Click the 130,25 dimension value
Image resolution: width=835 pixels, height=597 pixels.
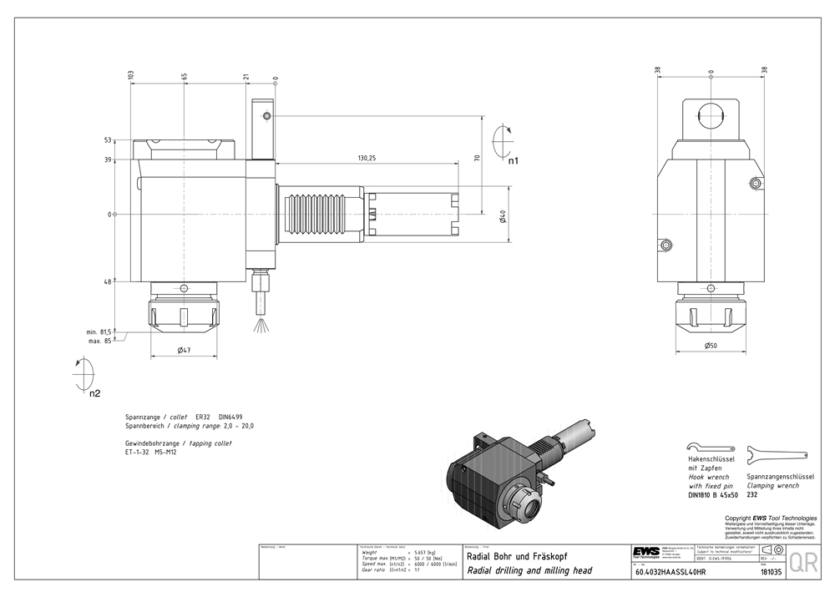click(366, 158)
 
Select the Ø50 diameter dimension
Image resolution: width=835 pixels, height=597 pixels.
click(709, 345)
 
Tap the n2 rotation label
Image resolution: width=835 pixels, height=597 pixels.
click(95, 392)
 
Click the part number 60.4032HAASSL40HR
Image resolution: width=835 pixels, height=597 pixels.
click(671, 573)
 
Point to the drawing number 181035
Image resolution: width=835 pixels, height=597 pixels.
click(771, 573)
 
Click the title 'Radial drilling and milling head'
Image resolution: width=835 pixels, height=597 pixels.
click(529, 570)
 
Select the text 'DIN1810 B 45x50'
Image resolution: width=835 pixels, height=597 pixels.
click(712, 495)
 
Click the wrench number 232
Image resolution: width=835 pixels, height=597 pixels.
click(752, 494)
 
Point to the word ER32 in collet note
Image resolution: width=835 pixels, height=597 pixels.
click(203, 416)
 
